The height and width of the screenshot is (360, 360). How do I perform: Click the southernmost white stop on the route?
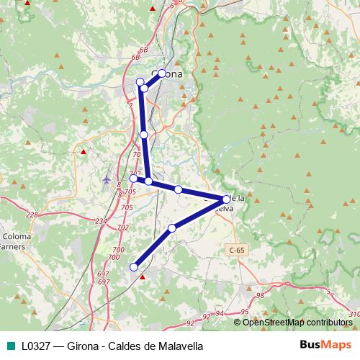click(133, 267)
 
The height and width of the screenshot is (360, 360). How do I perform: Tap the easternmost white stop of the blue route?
click(226, 199)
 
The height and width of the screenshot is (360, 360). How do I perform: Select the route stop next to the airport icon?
click(133, 178)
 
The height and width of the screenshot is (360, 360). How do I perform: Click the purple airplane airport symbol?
click(107, 179)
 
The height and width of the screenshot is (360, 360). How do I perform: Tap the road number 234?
click(100, 221)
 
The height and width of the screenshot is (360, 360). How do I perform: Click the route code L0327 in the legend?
click(35, 346)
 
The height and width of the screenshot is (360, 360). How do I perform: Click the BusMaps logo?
click(325, 345)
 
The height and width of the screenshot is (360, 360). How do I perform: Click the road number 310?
click(352, 314)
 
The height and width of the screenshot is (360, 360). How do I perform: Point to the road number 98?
click(260, 295)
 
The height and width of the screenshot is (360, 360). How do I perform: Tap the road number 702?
click(122, 227)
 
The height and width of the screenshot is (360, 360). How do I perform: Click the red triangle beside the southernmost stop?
click(142, 276)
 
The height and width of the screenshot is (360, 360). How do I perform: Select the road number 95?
click(244, 311)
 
